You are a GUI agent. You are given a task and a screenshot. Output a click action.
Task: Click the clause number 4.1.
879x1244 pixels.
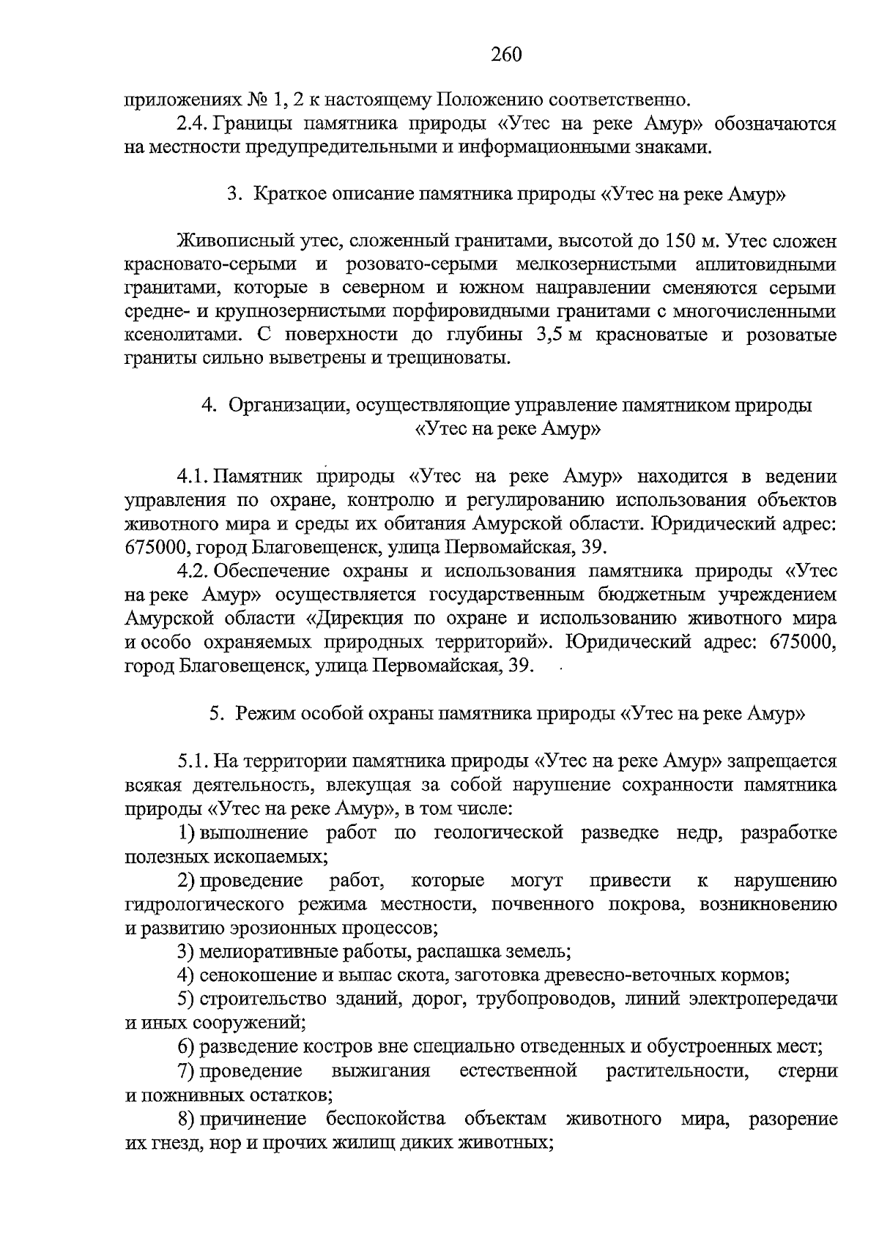pos(193,477)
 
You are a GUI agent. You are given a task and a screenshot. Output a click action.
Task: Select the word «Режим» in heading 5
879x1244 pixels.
pos(262,714)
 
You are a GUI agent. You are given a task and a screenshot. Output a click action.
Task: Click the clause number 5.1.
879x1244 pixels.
pos(193,761)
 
